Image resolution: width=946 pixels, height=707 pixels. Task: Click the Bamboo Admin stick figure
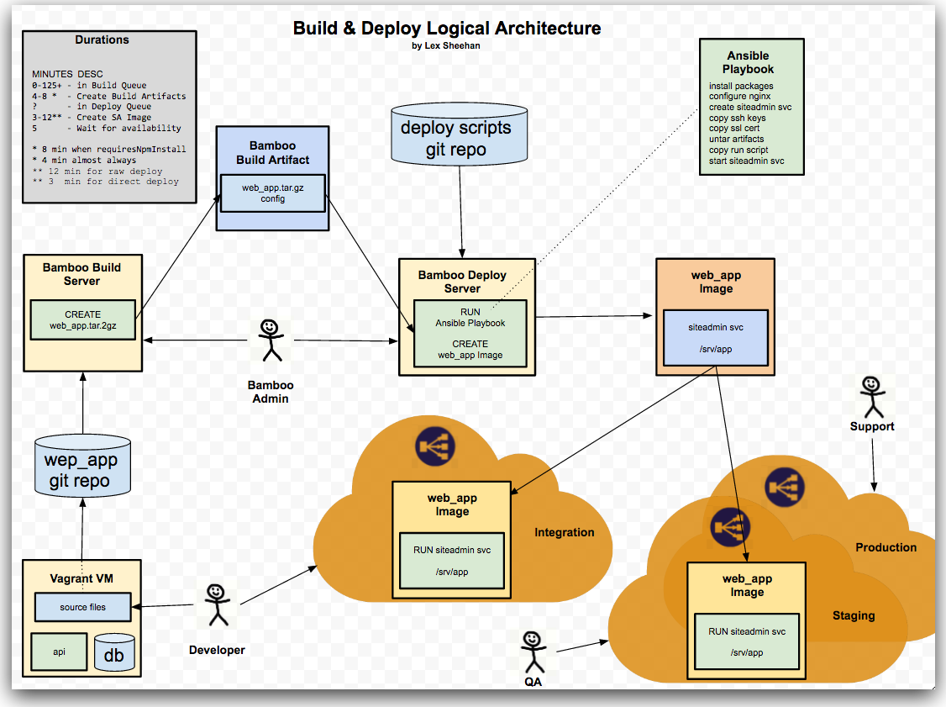coord(269,340)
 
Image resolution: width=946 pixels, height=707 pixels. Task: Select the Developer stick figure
coord(217,604)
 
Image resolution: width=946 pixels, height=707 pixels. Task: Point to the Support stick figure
coord(871,396)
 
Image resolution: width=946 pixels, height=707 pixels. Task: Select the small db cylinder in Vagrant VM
coord(114,652)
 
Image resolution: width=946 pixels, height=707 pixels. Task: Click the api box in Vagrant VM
coord(59,652)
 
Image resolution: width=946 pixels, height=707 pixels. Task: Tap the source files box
coord(82,606)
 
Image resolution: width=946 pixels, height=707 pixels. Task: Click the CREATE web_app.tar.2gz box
coord(82,319)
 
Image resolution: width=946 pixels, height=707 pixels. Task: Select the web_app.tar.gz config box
coord(273,193)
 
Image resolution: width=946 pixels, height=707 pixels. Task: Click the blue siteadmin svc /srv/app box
coord(716,337)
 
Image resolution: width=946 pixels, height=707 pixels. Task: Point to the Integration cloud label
coord(564,532)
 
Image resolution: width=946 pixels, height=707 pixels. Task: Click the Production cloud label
coord(886,547)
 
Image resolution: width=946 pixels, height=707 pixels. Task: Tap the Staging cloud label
coord(854,615)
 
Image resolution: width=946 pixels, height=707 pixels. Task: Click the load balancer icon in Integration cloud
coord(434,447)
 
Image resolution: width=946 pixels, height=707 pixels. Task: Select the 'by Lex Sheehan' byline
coord(446,46)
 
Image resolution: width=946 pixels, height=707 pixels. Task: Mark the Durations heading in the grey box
coord(102,40)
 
